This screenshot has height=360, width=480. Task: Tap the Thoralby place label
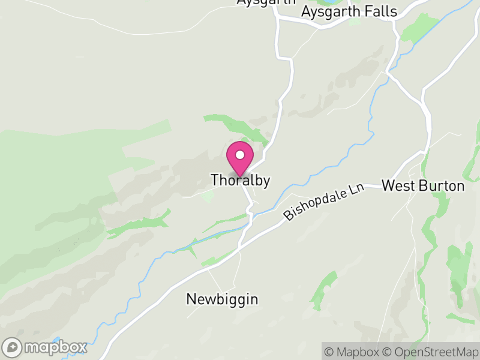pyautogui.click(x=240, y=180)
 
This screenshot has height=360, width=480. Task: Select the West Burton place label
pyautogui.click(x=423, y=185)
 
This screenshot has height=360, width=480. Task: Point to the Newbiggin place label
pyautogui.click(x=222, y=299)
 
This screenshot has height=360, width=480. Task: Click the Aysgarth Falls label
pyautogui.click(x=349, y=11)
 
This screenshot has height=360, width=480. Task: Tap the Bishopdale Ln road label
pyautogui.click(x=325, y=202)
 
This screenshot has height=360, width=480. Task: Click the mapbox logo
pyautogui.click(x=45, y=347)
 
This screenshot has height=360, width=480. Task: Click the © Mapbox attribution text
pyautogui.click(x=353, y=352)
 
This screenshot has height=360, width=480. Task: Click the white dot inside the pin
pyautogui.click(x=239, y=155)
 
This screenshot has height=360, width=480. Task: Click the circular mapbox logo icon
pyautogui.click(x=12, y=347)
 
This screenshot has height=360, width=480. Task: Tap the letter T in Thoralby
pyautogui.click(x=214, y=180)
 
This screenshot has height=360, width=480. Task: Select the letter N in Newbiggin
pyautogui.click(x=191, y=299)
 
